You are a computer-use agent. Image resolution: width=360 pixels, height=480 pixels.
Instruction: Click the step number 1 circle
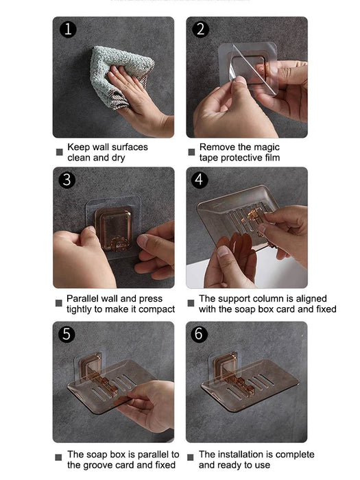tap(67, 29)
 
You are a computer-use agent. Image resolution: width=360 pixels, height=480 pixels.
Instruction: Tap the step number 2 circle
tap(200, 29)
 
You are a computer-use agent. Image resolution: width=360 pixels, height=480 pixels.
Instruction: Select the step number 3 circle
tap(67, 180)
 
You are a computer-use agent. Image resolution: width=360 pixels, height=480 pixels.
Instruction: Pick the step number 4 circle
tap(200, 180)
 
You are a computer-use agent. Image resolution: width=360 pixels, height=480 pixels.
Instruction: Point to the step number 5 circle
tap(67, 334)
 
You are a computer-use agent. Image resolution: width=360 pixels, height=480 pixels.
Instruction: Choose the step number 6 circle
tap(200, 334)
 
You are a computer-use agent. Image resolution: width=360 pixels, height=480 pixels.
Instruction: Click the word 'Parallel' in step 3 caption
tap(84, 299)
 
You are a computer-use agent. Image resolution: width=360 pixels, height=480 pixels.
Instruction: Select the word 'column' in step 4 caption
tap(270, 299)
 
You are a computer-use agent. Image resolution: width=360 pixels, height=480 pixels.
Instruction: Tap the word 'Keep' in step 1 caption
tap(78, 147)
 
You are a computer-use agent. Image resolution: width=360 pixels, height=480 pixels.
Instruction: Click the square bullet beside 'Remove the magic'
tap(191, 152)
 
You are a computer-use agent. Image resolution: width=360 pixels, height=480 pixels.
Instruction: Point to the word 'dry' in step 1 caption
tap(119, 157)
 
